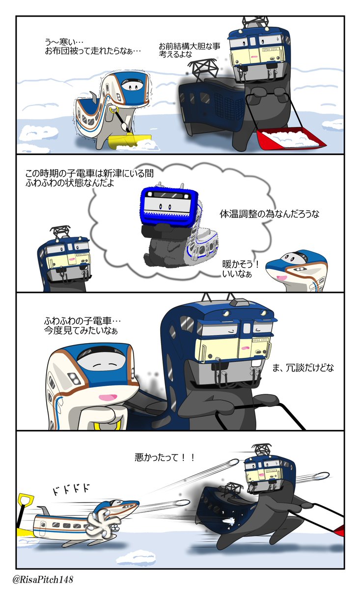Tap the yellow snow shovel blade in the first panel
tap(129, 141)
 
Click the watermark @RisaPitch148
tap(43, 580)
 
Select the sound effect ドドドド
tap(71, 489)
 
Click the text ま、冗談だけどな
tap(303, 367)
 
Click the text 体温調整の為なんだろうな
tap(269, 214)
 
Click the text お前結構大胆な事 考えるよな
tap(189, 50)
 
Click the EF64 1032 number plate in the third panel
tap(260, 340)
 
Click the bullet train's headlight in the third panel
tap(73, 378)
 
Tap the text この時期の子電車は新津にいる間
tap(89, 174)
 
